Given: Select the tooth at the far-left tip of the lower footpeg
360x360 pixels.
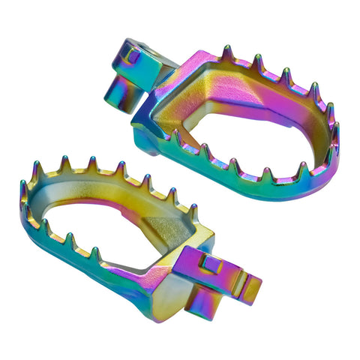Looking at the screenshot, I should tap(22, 187).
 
